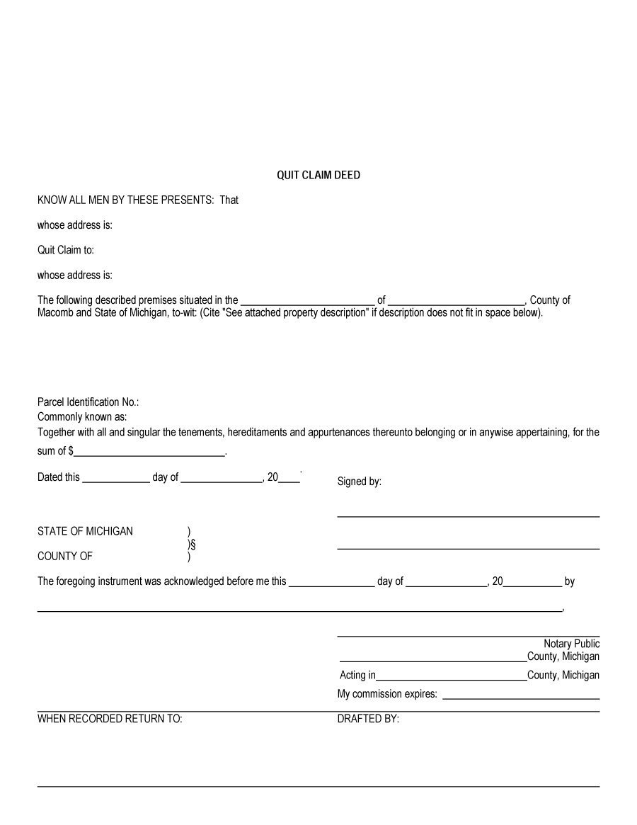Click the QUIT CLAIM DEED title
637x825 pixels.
coord(318,175)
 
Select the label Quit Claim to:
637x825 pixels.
coord(66,250)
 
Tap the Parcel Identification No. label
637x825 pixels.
coord(88,402)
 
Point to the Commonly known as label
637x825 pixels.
coord(82,417)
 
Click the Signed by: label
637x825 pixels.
coord(359,482)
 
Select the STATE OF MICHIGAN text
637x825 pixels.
coord(85,531)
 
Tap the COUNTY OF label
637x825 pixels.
coord(65,556)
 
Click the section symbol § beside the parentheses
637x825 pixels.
coord(193,544)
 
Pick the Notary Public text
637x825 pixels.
coord(571,644)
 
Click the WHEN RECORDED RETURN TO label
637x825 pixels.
coord(110,719)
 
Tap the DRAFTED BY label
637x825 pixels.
coord(368,719)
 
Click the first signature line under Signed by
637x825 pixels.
coord(468,516)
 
